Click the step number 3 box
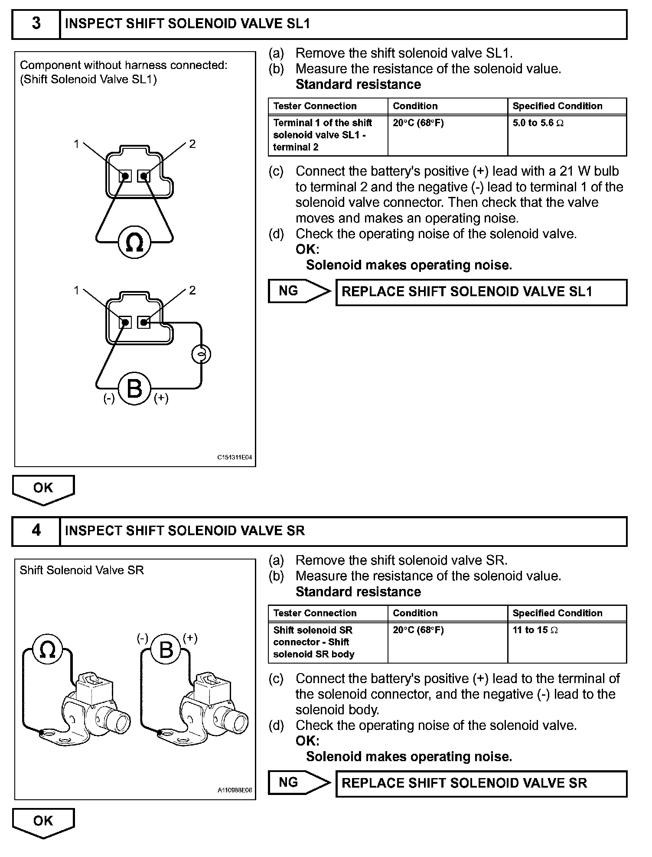36,24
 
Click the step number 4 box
36,530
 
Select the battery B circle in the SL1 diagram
134,388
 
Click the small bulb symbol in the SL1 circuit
201,354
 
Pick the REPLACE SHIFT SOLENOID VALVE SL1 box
481,292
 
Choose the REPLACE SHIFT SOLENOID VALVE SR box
481,783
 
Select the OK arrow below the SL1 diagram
43,489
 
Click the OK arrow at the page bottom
43,822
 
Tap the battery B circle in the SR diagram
166,650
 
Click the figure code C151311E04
235,458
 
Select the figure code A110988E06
235,791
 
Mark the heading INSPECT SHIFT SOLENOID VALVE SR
185,531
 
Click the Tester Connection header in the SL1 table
315,106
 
